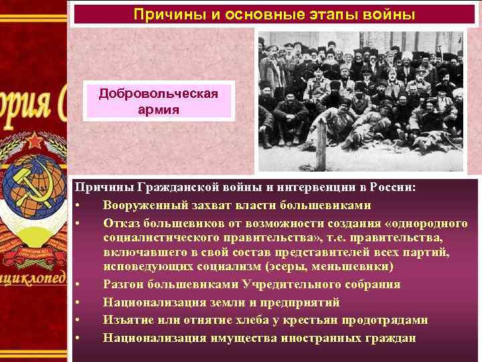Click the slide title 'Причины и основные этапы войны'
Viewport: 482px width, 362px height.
(274, 13)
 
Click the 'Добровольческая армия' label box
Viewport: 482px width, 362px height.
(159, 101)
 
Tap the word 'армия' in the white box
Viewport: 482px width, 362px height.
(159, 109)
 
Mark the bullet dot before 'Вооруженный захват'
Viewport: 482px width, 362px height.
(79, 205)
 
